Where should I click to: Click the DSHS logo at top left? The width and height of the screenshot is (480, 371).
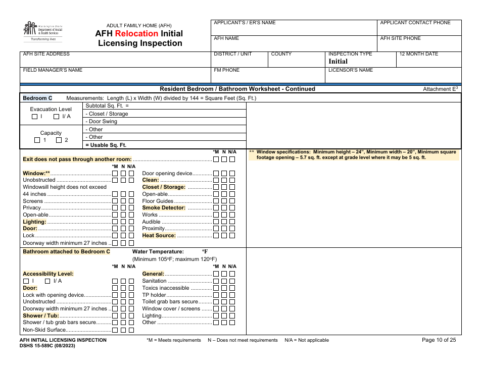[x=43, y=31]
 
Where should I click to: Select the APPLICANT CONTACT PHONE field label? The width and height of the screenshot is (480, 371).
[x=415, y=23]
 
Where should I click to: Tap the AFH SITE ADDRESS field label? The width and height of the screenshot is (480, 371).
[x=46, y=54]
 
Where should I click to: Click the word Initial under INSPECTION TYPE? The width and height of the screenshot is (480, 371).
[x=338, y=62]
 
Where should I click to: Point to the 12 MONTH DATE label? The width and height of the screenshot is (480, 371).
[x=418, y=54]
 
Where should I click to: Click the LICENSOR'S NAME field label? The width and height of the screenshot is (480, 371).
[x=351, y=70]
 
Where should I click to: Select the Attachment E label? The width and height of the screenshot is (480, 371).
[x=439, y=89]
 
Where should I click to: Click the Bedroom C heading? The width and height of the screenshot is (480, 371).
[x=37, y=98]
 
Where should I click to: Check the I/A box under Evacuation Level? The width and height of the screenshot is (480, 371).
[x=57, y=117]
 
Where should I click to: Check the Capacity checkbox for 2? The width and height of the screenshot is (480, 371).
[x=59, y=140]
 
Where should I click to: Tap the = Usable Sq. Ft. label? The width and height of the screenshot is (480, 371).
[x=106, y=145]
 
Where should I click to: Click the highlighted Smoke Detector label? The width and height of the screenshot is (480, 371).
[x=164, y=207]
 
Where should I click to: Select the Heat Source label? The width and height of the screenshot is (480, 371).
[x=159, y=235]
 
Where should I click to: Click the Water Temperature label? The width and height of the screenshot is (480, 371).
[x=158, y=251]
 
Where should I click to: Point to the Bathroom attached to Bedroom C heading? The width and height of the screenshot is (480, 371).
[x=66, y=251]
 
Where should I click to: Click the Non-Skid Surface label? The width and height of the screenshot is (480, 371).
[x=44, y=330]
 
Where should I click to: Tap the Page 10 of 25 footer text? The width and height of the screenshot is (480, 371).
[x=439, y=340]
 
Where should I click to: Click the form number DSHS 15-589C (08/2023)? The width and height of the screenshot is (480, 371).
[x=48, y=346]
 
